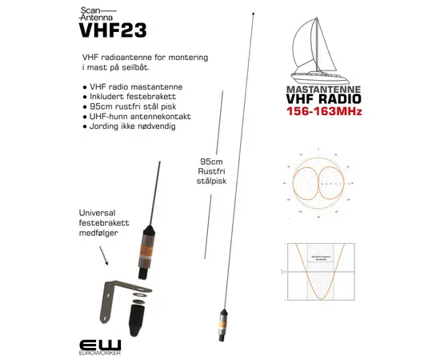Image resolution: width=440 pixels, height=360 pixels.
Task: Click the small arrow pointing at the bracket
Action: click(x=104, y=254)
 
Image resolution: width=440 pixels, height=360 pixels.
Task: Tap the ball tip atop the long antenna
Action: click(x=254, y=14)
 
